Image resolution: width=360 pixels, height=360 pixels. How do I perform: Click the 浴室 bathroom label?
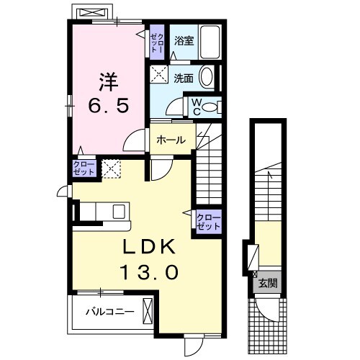tap(184, 40)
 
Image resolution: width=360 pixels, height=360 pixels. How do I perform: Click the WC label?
tap(195, 106)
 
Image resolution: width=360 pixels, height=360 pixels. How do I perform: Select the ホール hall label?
tap(171, 140)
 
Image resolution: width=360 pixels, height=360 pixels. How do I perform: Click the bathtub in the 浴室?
tap(211, 44)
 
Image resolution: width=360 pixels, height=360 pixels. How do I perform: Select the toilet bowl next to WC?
tap(210, 107)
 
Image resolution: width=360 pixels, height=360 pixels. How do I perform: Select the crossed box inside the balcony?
tap(148, 312)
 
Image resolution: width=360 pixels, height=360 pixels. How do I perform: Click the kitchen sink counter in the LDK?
tap(105, 212)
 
